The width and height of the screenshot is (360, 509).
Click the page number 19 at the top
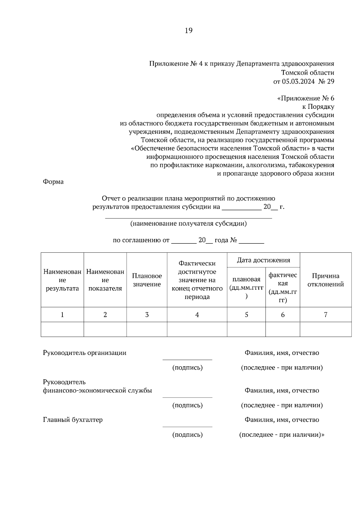pos(188,31)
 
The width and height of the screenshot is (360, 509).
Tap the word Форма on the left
pos(53,182)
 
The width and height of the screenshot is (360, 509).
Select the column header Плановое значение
pos(147,280)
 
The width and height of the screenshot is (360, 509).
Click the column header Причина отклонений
pos(325,280)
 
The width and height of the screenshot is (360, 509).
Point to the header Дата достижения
pos(263,260)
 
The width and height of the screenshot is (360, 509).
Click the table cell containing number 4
pos(197,315)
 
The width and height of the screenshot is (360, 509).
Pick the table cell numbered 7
pos(325,315)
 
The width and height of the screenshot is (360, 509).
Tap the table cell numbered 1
pos(62,315)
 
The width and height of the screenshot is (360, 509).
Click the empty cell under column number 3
pos(147,329)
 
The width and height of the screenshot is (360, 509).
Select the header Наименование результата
pos(62,280)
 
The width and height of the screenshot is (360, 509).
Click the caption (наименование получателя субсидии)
pos(188,224)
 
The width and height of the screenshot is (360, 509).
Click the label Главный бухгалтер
pos(73,420)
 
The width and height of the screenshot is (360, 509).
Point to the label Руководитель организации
pos(85,353)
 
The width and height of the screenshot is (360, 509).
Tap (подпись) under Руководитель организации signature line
pos(187,368)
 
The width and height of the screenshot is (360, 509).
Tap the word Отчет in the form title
pos(111,198)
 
